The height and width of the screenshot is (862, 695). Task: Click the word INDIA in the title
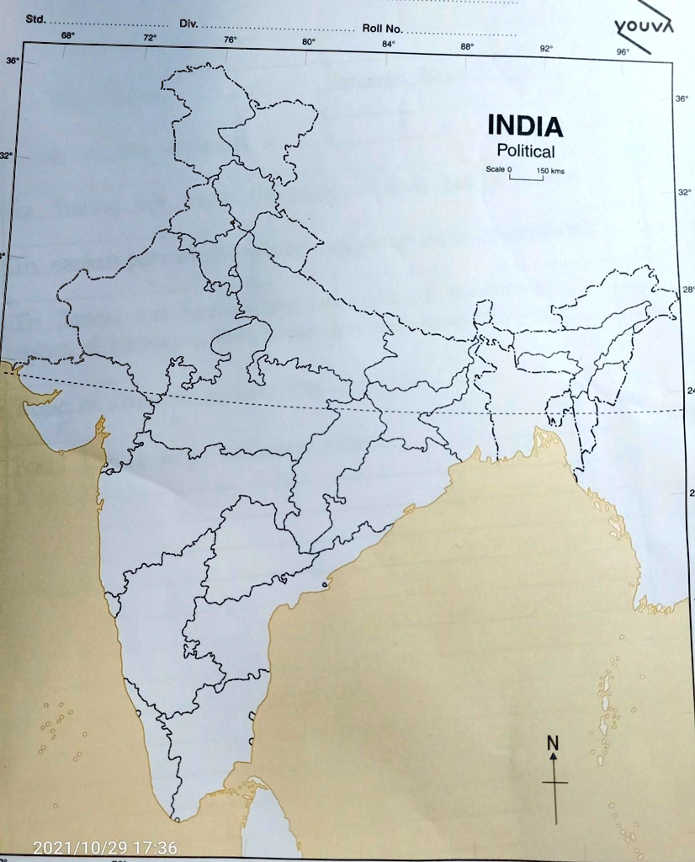pyautogui.click(x=525, y=127)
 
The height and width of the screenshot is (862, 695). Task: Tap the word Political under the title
pyautogui.click(x=526, y=152)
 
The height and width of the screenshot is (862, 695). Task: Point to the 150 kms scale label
pyautogui.click(x=550, y=172)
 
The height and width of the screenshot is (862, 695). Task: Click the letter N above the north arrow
pyautogui.click(x=552, y=742)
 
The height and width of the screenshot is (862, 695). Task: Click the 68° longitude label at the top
pyautogui.click(x=67, y=35)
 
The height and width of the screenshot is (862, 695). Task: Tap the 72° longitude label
pyautogui.click(x=149, y=38)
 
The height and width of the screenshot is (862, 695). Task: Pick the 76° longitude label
pyautogui.click(x=231, y=40)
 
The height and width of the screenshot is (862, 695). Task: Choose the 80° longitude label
pyautogui.click(x=309, y=41)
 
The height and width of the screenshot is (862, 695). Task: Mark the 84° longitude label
pyautogui.click(x=388, y=44)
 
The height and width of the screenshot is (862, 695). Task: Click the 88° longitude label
pyautogui.click(x=467, y=46)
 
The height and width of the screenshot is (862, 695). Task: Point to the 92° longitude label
pyautogui.click(x=546, y=49)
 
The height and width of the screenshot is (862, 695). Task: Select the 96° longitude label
pyautogui.click(x=623, y=51)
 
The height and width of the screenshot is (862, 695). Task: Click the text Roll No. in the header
pyautogui.click(x=383, y=29)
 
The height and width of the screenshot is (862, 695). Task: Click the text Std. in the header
pyautogui.click(x=36, y=18)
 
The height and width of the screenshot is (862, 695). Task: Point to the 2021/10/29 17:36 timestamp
pyautogui.click(x=105, y=848)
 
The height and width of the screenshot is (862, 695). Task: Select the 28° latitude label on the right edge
pyautogui.click(x=688, y=290)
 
